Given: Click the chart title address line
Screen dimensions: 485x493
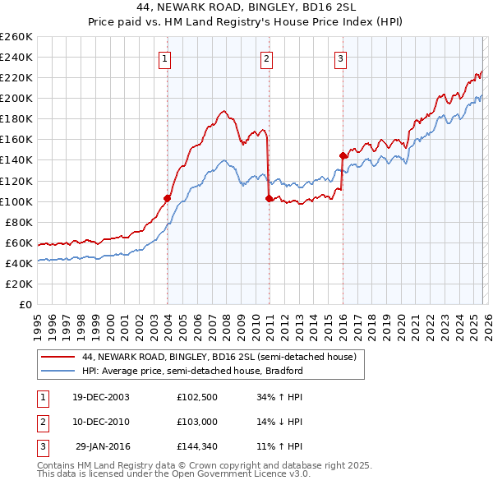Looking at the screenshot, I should coord(246,6).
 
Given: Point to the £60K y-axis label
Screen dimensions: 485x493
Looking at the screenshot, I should coord(19,242).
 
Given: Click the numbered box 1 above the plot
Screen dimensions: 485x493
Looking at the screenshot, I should coord(166,58).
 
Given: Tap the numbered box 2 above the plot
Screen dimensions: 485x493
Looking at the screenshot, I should coord(267,58).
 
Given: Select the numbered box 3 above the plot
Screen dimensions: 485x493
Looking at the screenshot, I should coord(340,58).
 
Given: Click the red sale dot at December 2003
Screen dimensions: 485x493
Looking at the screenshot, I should coord(167,198).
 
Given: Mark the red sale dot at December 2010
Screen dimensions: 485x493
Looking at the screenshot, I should coord(269,197).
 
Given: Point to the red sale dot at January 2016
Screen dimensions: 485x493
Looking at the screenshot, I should coord(343,155).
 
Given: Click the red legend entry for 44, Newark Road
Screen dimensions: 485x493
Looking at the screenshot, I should coord(218,358).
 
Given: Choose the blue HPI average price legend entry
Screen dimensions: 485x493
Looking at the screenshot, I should coord(192,371).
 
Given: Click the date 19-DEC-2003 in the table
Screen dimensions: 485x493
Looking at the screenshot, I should coord(101,397).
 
